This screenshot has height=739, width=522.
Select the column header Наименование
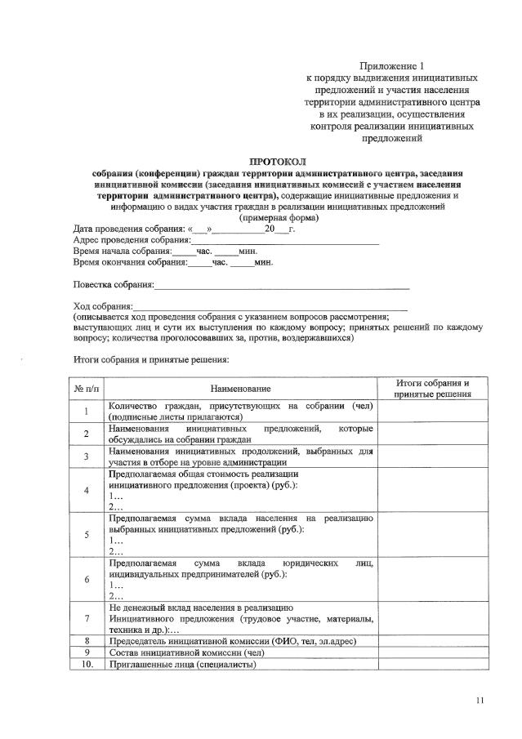pos(240,389)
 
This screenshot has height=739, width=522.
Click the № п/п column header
pos(86,389)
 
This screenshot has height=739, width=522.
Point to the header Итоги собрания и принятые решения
pos(431,389)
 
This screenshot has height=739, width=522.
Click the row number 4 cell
pos(86,490)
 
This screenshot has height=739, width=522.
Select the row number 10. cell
pos(86,664)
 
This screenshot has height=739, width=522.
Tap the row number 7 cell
pos(86,618)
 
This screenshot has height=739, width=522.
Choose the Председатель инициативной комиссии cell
pos(232,641)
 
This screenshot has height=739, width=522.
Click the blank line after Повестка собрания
pos(282,287)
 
